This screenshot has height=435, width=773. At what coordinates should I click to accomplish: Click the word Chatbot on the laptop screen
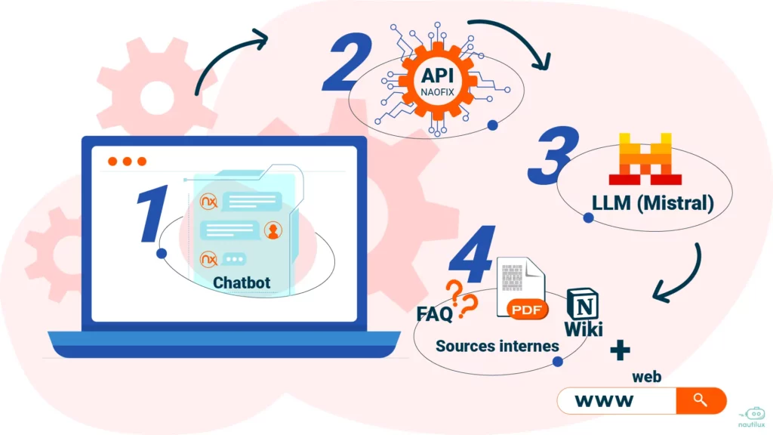pyautogui.click(x=241, y=283)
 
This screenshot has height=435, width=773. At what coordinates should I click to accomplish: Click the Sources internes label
pyautogui.click(x=497, y=346)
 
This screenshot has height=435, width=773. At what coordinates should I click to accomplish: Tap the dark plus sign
pyautogui.click(x=620, y=349)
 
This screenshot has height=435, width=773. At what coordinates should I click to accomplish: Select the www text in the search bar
pyautogui.click(x=603, y=400)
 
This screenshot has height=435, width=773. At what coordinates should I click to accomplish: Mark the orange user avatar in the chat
pyautogui.click(x=272, y=230)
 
